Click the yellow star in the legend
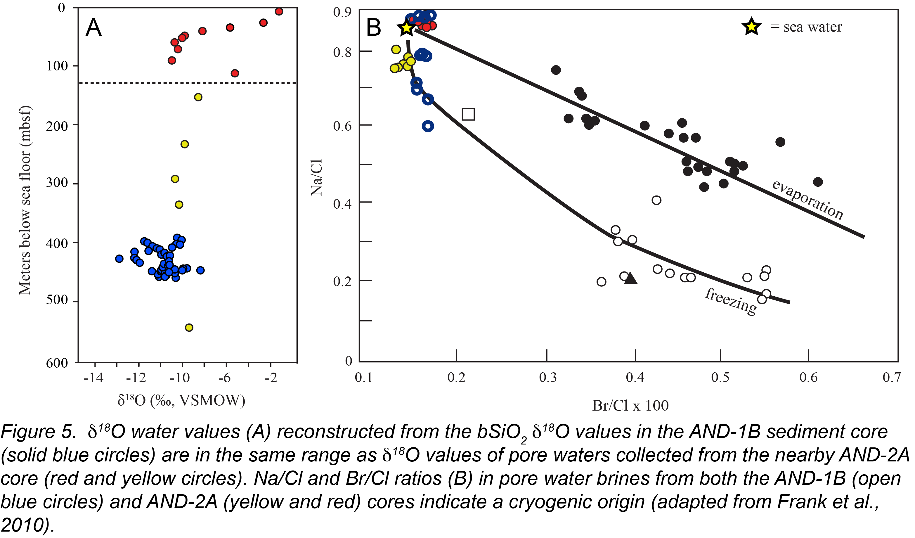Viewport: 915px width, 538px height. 751,27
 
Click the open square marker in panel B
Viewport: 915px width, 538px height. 468,114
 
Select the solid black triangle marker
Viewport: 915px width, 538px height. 631,278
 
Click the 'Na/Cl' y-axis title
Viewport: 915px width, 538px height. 317,178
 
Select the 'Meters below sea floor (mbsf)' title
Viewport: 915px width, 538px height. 25,200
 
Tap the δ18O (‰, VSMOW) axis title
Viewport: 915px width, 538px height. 181,400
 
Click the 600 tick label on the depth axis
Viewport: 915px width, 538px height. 57,363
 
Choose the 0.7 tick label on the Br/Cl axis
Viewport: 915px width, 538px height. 891,378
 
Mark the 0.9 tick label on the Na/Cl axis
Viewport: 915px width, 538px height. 342,12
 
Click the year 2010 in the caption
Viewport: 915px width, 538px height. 24,525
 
